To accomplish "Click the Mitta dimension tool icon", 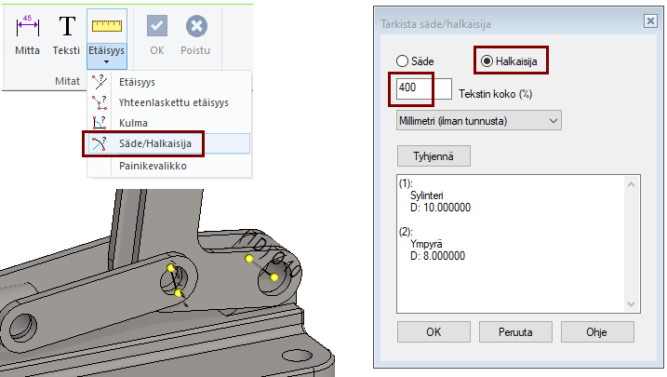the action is coord(27,26).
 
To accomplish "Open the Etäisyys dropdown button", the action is coord(107,39).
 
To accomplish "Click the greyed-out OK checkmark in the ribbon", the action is coord(157,26).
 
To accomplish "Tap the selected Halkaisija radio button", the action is coord(487,61).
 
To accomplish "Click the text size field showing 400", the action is coord(423,88).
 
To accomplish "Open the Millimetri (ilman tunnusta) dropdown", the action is coord(478,121).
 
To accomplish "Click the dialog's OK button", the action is coord(434,332).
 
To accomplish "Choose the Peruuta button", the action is coord(515,332).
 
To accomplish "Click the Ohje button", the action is coord(597,332).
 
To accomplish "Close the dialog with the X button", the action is coord(650,20).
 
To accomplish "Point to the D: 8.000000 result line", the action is coord(437,256).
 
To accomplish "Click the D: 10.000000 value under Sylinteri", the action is coord(440,208).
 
